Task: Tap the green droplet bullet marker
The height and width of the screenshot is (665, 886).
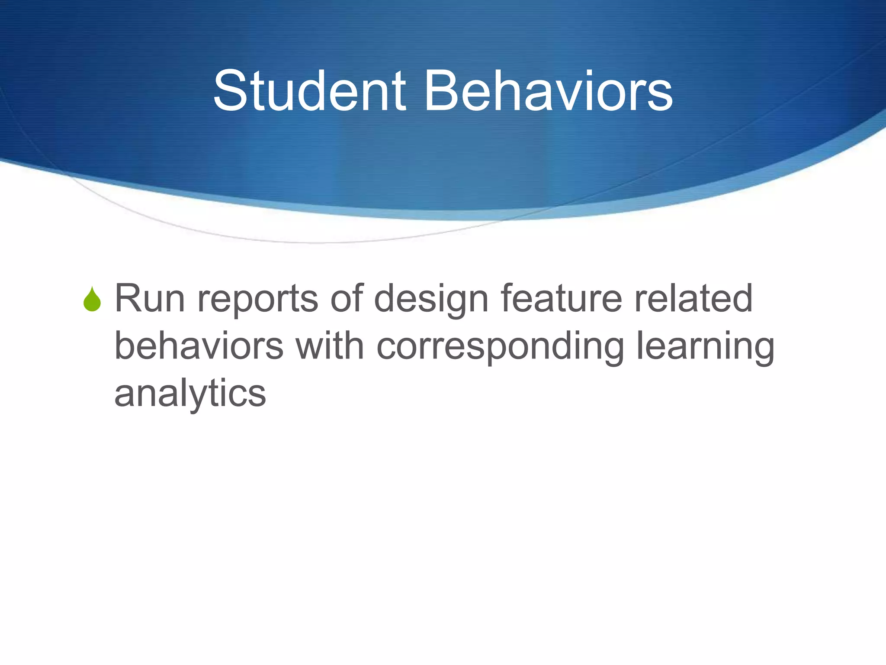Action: click(92, 300)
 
